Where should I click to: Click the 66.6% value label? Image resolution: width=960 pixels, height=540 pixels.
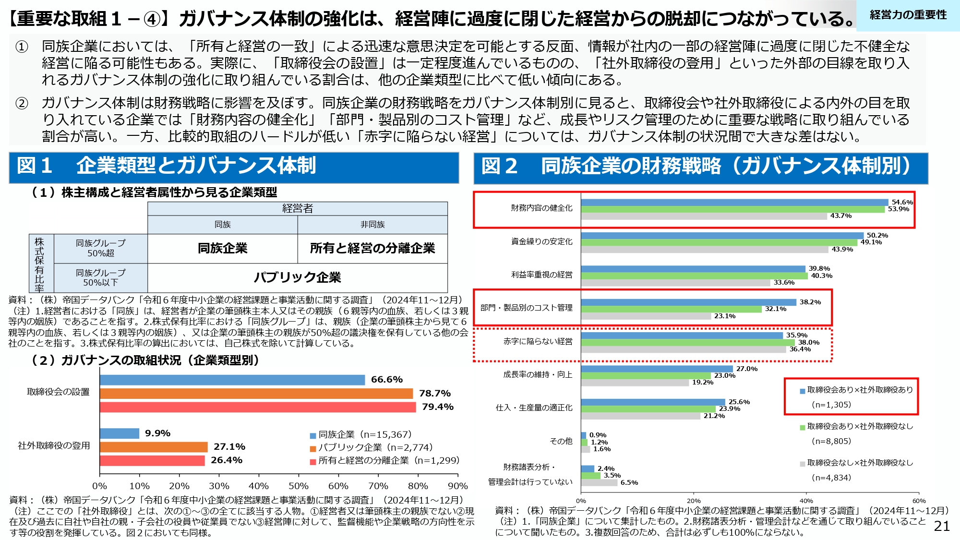pos(386,380)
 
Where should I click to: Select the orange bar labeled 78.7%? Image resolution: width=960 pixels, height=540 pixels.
pos(256,394)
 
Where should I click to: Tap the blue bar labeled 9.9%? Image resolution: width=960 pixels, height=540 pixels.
pos(120,433)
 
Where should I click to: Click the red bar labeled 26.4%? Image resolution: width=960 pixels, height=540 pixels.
pos(152,460)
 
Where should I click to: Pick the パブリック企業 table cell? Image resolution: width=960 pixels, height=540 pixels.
pos(297,277)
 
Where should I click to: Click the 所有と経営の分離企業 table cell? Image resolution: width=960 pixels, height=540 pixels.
pos(372,248)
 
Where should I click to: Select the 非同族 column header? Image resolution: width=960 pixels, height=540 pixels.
pos(372,225)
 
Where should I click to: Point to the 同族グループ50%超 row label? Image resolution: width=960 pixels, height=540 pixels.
pos(100,248)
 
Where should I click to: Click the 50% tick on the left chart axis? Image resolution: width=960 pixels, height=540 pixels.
pos(298,486)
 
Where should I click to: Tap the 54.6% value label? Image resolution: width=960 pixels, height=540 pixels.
pos(902,202)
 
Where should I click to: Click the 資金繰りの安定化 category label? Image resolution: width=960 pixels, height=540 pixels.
pos(541,241)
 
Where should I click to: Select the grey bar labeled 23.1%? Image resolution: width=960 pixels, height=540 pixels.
pos(646,316)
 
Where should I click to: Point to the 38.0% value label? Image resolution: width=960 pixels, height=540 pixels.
pos(808,342)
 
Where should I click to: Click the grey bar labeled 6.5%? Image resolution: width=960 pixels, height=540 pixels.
pos(599,482)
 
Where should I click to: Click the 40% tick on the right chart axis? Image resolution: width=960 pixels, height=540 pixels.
pos(806,501)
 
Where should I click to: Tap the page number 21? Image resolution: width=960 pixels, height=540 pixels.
pos(942,526)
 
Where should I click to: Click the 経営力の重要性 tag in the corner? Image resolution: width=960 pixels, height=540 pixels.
pos(908,15)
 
